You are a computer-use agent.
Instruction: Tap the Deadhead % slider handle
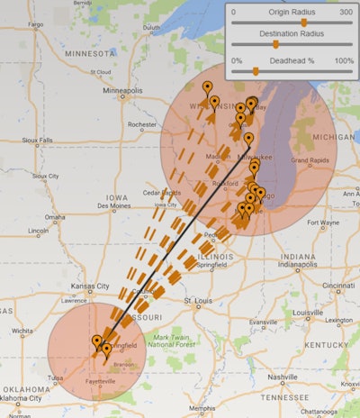click(255, 70)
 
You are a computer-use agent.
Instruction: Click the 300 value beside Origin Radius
click(346, 13)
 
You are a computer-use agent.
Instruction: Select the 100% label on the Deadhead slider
click(343, 60)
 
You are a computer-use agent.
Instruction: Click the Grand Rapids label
click(310, 160)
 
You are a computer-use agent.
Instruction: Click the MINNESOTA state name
click(90, 53)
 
